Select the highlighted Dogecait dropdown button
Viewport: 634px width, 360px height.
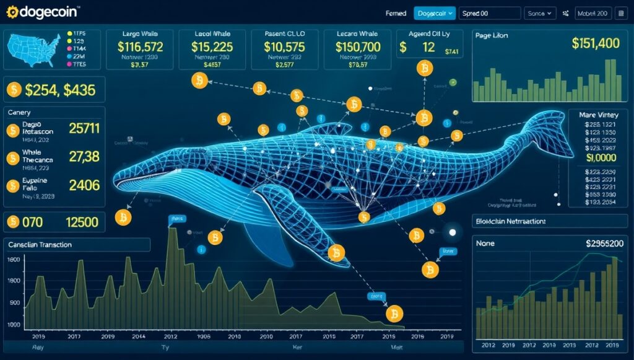tap(435, 12)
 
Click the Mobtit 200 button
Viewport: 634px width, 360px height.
tap(593, 12)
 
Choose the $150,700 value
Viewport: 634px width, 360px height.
tap(358, 46)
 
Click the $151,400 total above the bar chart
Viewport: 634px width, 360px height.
tap(594, 43)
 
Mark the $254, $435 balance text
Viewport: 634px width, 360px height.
tap(60, 90)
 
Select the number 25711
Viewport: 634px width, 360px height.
tap(84, 129)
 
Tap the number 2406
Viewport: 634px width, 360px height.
tap(84, 184)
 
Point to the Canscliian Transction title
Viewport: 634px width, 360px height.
tap(40, 245)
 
